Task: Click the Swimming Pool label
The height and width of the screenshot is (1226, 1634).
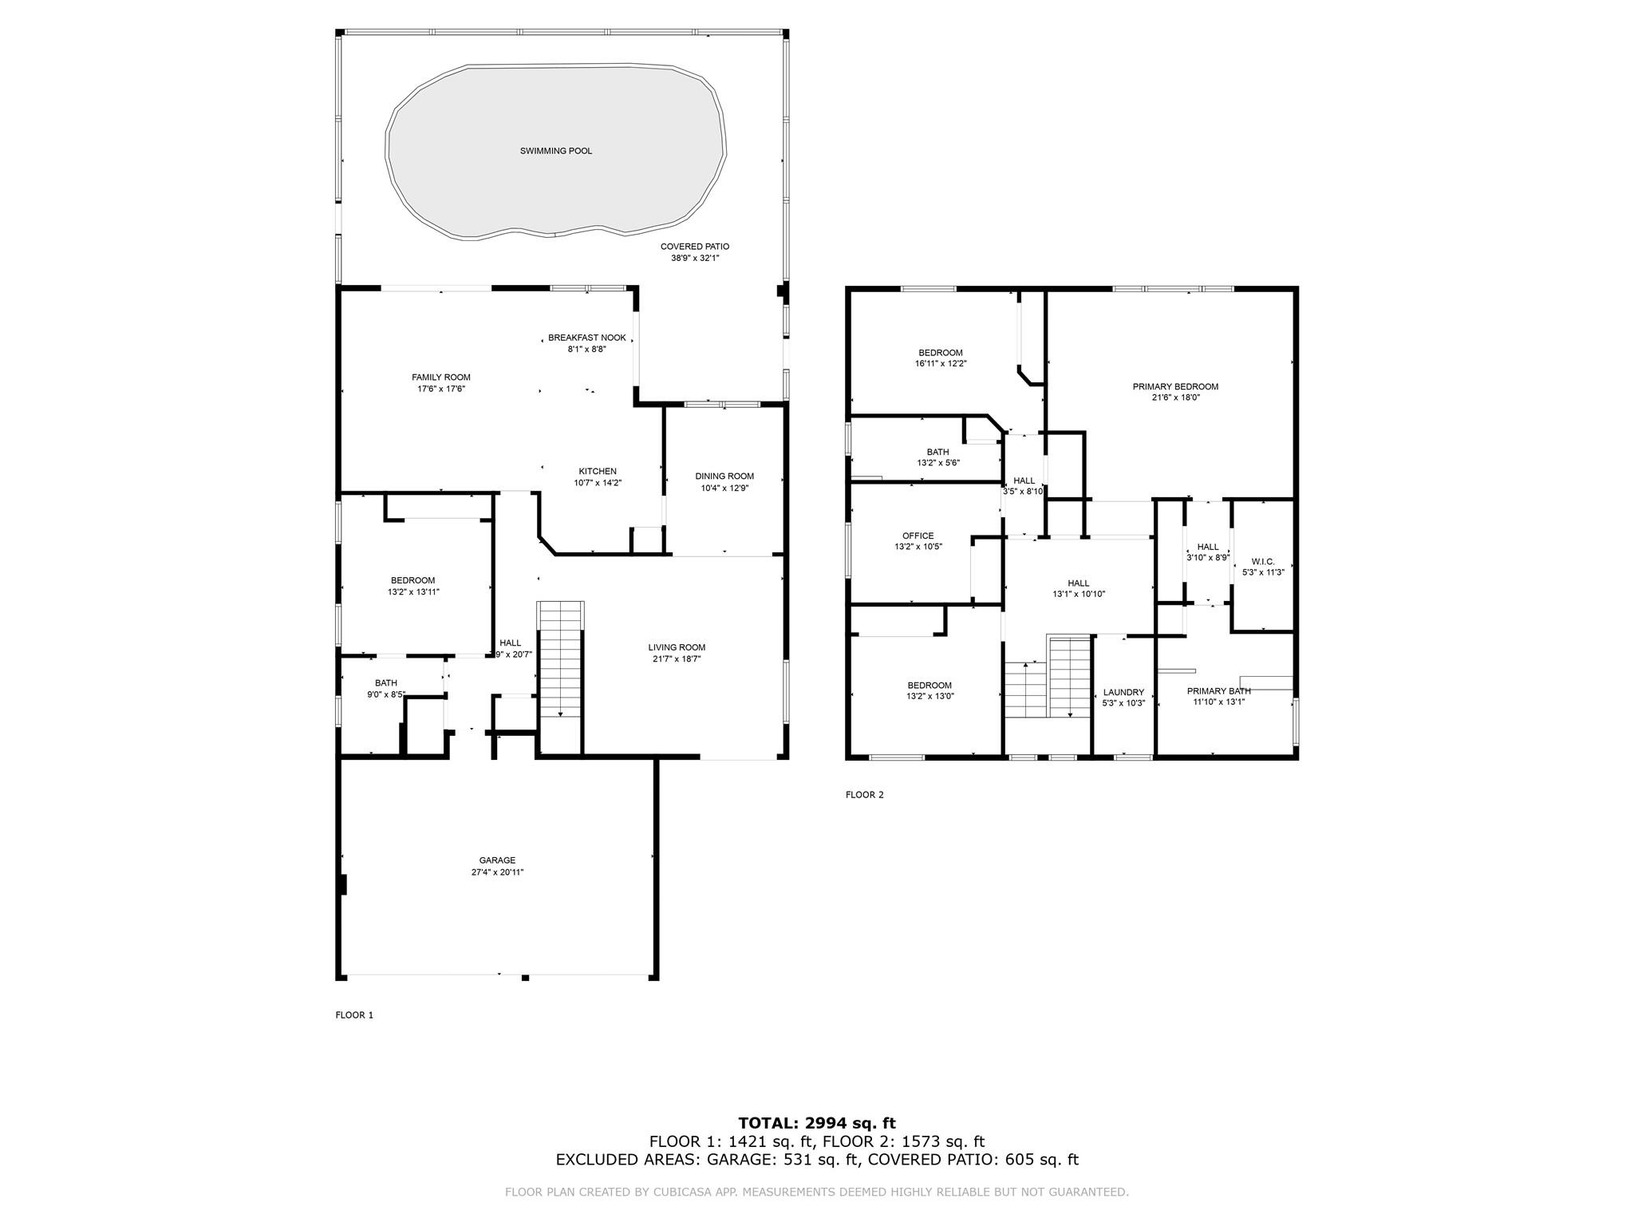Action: tap(556, 151)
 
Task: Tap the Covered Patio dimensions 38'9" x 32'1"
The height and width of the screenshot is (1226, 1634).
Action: tap(695, 258)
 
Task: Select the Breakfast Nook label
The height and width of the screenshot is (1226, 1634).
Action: tap(587, 338)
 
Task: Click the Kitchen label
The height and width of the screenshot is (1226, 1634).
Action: tap(598, 471)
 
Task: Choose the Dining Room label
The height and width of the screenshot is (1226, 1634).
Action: tap(724, 477)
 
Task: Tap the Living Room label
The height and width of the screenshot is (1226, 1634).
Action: tap(677, 647)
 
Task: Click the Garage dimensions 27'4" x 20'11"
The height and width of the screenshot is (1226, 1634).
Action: tap(497, 872)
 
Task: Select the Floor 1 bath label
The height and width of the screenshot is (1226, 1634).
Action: tap(386, 683)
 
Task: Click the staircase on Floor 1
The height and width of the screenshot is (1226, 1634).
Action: tap(562, 659)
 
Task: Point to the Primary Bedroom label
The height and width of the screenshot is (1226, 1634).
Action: tap(1175, 387)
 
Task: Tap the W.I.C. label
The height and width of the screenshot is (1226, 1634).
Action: tap(1263, 562)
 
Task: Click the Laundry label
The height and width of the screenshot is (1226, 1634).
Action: tap(1123, 693)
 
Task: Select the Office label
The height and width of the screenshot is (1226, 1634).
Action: tap(918, 536)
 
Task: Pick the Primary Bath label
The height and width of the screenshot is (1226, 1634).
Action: tap(1218, 691)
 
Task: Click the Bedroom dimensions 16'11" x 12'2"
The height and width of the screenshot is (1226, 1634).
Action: tap(941, 363)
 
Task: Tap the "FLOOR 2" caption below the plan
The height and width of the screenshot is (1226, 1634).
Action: tap(865, 795)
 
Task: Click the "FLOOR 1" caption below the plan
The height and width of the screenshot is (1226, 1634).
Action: tap(354, 1015)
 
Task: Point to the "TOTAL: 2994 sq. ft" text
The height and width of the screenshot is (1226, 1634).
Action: tap(817, 1123)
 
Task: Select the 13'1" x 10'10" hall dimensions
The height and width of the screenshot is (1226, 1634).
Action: tap(1079, 594)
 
